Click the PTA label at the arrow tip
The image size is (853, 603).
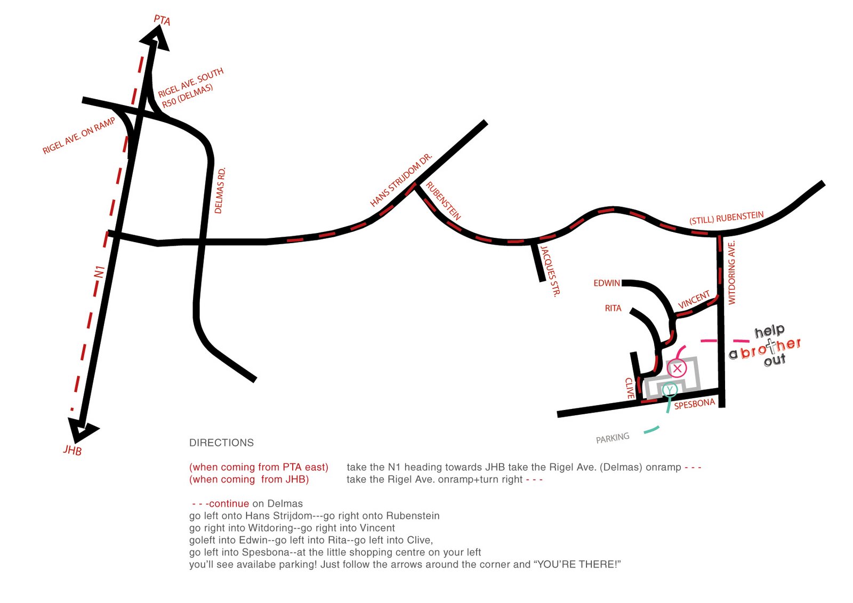[x=162, y=20]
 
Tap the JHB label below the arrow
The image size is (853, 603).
[x=73, y=450]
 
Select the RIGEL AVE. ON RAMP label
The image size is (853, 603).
[x=79, y=136]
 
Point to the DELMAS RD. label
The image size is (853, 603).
[x=220, y=190]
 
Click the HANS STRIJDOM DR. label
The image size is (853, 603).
[x=401, y=180]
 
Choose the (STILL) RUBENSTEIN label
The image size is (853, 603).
[x=727, y=218]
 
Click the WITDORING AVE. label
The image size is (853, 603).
[x=732, y=272]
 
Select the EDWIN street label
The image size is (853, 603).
[x=607, y=283]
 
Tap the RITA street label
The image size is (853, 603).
[x=613, y=308]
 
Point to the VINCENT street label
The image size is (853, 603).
[x=694, y=300]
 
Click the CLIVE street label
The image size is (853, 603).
[x=630, y=388]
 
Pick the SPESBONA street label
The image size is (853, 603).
[x=695, y=404]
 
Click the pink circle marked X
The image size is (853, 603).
[x=677, y=368]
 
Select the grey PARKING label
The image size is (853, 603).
[x=613, y=438]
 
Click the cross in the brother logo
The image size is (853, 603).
[x=771, y=346]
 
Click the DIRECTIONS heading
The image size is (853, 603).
[x=221, y=443]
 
